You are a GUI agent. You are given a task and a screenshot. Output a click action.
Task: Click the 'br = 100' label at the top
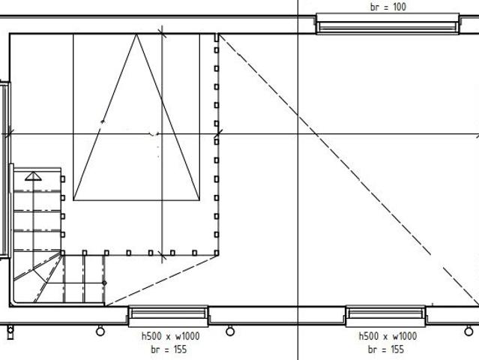pos(388,7)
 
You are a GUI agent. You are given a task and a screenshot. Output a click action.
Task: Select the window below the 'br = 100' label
pos(388,24)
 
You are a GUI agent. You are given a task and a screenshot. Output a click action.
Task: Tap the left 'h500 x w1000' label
pos(170,336)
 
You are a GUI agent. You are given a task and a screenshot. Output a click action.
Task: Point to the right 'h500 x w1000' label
pos(388,336)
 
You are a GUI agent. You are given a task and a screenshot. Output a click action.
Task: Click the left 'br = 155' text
pos(169,349)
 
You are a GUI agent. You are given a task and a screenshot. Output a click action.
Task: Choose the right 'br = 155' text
pos(386,349)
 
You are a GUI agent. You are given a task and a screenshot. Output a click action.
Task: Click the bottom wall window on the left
pos(168,316)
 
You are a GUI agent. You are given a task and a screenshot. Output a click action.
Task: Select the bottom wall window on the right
pos(385,316)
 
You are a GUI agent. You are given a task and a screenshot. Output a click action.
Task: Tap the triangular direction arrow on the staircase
pos(33,176)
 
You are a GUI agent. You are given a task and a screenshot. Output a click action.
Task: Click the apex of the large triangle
pos(136,34)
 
